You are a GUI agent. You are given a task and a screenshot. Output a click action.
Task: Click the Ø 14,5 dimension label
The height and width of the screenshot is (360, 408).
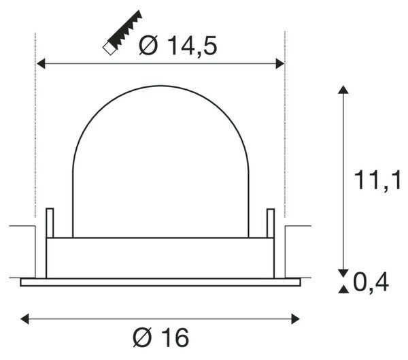tap(177, 46)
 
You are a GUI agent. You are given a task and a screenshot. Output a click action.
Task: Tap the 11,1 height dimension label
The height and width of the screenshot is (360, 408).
tap(377, 180)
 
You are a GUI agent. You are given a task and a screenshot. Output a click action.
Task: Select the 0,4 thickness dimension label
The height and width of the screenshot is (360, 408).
tap(371, 282)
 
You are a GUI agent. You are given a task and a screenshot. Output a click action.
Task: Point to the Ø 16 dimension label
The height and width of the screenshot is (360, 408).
tap(160, 338)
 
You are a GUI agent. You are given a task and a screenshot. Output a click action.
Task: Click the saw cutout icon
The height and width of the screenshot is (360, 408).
tap(122, 33)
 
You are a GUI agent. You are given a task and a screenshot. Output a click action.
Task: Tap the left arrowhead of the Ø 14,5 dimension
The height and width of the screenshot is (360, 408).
tap(41, 63)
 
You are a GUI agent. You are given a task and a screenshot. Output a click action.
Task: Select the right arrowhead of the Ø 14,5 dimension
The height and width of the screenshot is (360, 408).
tap(280, 63)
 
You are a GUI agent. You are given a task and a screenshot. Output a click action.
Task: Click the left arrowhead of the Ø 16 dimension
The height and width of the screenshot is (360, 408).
tap(24, 319)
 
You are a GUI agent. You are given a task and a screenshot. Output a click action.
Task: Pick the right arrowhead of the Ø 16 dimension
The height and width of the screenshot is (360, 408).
tap(296, 319)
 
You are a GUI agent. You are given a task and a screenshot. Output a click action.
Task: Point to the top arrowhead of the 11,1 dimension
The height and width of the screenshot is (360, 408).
tap(343, 89)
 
